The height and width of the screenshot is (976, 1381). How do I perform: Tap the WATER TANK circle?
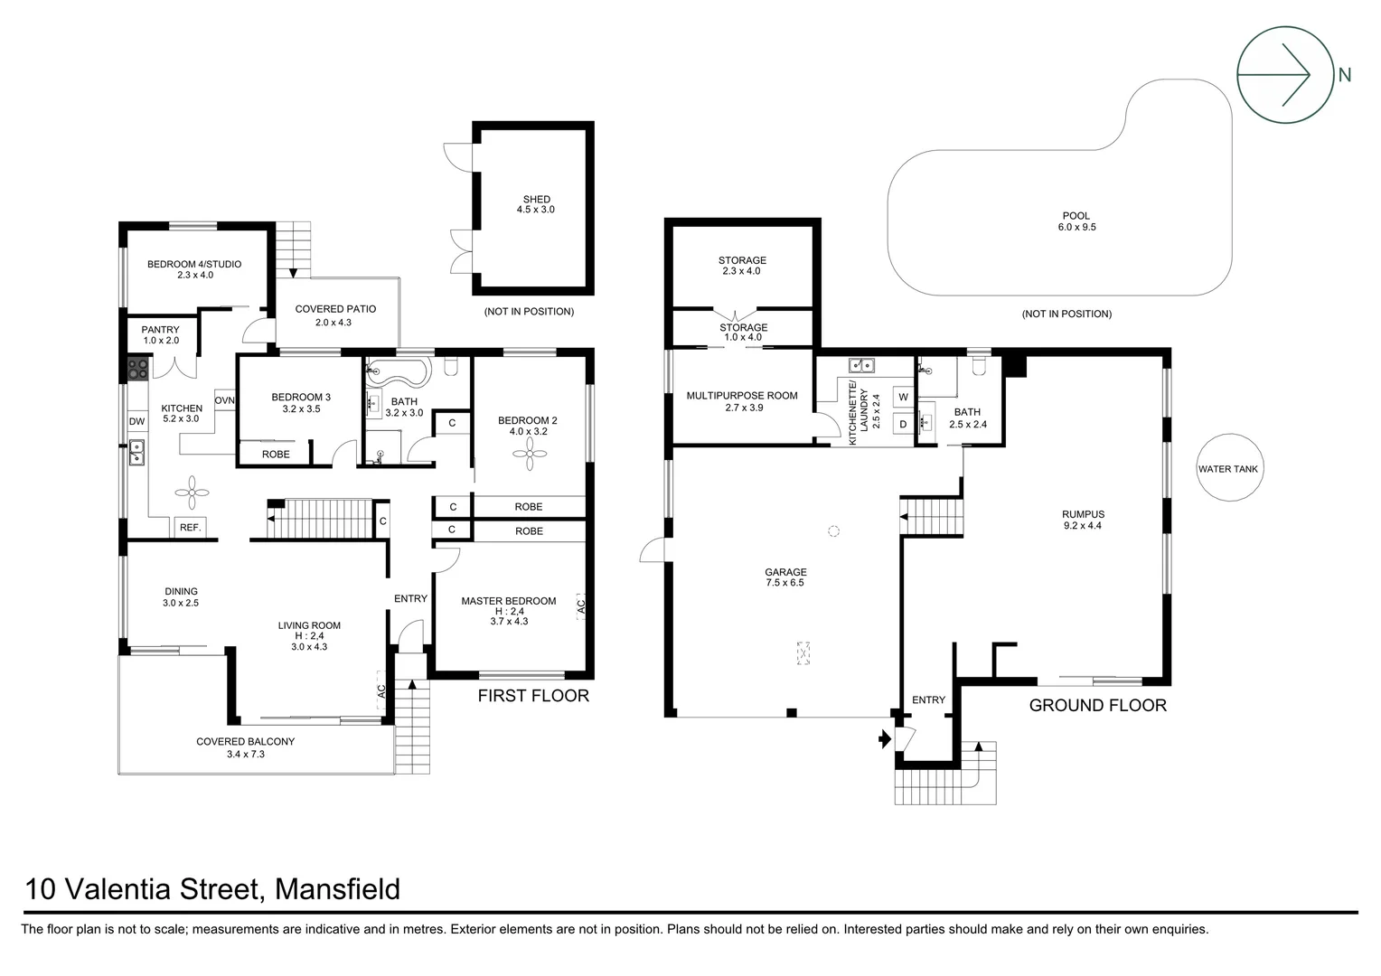(x=1227, y=469)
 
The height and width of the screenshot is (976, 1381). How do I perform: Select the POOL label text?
(x=1076, y=216)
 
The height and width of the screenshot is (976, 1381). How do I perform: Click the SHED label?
(x=536, y=200)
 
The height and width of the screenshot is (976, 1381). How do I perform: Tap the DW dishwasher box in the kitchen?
(x=136, y=421)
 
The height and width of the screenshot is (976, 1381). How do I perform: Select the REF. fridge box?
(x=190, y=527)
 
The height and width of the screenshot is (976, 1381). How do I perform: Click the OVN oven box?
(x=224, y=400)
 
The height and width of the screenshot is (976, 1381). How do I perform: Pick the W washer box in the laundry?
(x=903, y=397)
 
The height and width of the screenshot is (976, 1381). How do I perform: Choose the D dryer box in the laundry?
(x=903, y=423)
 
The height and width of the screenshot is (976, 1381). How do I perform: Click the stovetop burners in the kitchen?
(x=139, y=368)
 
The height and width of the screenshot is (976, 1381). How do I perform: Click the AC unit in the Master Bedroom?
(x=580, y=605)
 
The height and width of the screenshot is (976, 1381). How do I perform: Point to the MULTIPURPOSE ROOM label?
(x=742, y=396)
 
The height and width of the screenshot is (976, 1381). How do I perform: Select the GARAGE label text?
(x=784, y=572)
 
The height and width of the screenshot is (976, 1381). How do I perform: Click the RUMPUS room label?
(x=1083, y=514)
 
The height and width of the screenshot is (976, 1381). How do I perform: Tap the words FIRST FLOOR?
(x=533, y=695)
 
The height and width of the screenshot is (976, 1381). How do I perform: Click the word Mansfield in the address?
(x=337, y=889)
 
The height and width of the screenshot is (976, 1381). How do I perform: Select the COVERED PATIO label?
(x=335, y=309)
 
